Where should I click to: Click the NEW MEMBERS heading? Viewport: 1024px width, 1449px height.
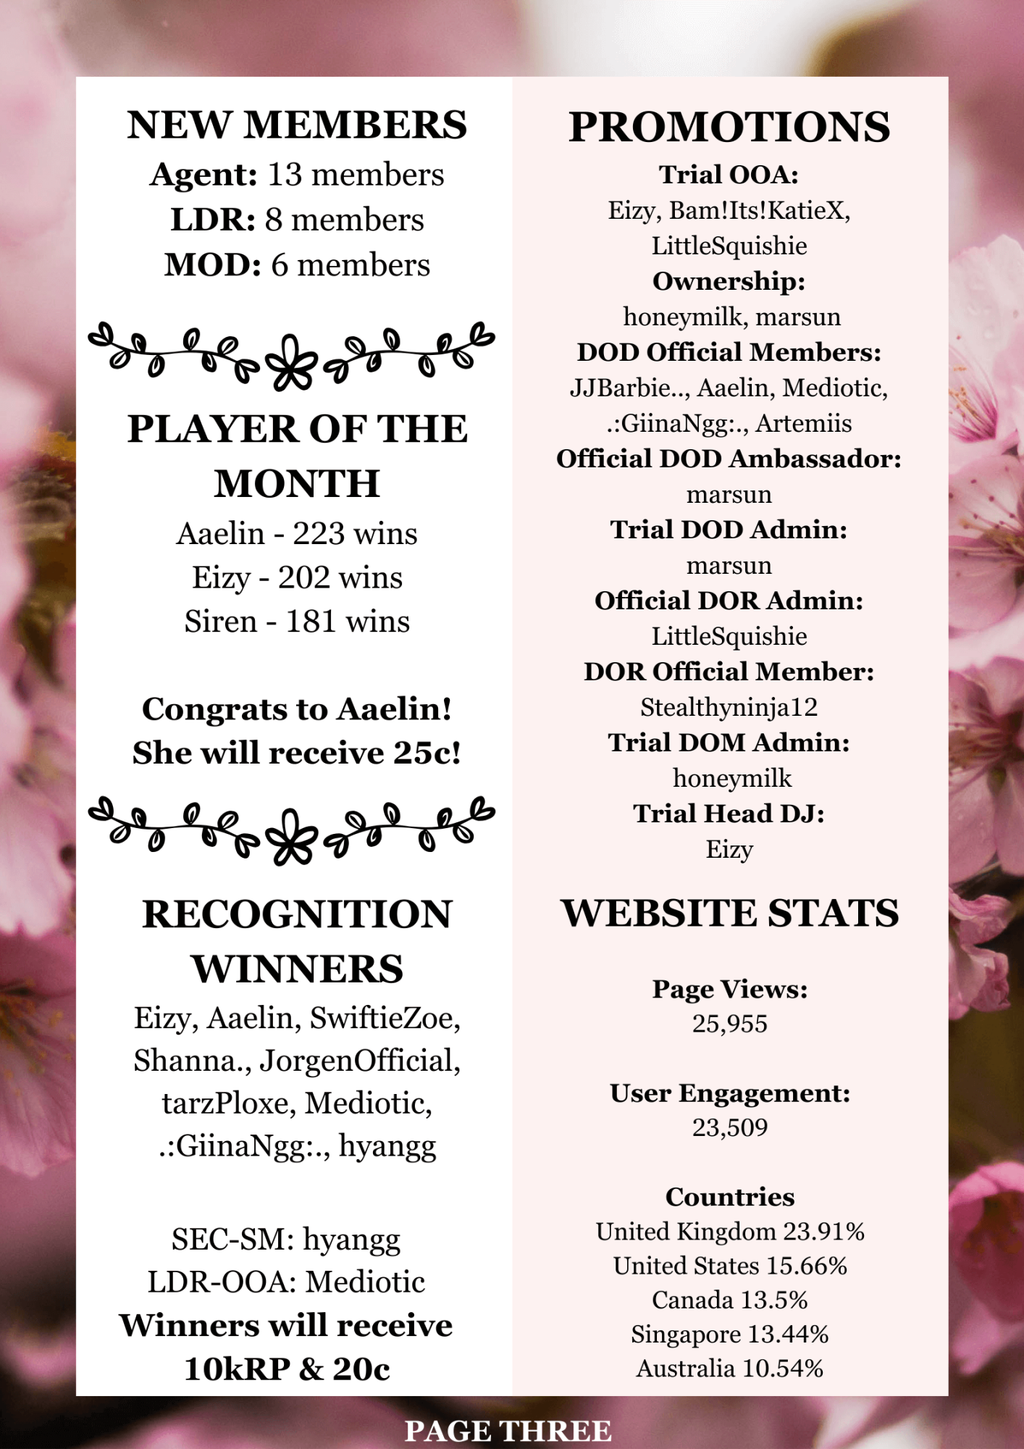(x=297, y=125)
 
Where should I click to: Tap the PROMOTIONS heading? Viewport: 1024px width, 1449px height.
(x=729, y=128)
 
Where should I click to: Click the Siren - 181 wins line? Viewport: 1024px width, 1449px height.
(x=297, y=622)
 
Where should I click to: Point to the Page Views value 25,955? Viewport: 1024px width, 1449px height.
(x=729, y=1024)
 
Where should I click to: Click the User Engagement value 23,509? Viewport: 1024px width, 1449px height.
(x=729, y=1127)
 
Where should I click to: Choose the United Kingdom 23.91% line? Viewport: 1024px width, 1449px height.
(x=729, y=1232)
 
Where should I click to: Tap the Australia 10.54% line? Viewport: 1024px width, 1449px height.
(x=729, y=1369)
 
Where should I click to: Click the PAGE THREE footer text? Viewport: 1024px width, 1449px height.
(x=508, y=1431)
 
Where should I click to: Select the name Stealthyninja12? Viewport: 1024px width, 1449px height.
(x=729, y=707)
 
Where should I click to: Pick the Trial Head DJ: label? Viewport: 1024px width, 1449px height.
(x=729, y=814)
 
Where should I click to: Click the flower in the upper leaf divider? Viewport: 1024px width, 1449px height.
(x=292, y=360)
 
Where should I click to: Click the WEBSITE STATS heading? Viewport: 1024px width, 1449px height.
(x=729, y=913)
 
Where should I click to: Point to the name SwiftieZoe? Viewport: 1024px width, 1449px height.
(x=385, y=1019)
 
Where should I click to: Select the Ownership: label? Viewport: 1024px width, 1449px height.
(x=729, y=281)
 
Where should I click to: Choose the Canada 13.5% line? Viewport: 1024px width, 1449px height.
(x=729, y=1300)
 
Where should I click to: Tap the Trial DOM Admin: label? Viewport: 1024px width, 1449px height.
(x=729, y=743)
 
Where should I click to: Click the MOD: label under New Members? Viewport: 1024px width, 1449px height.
(x=213, y=265)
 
